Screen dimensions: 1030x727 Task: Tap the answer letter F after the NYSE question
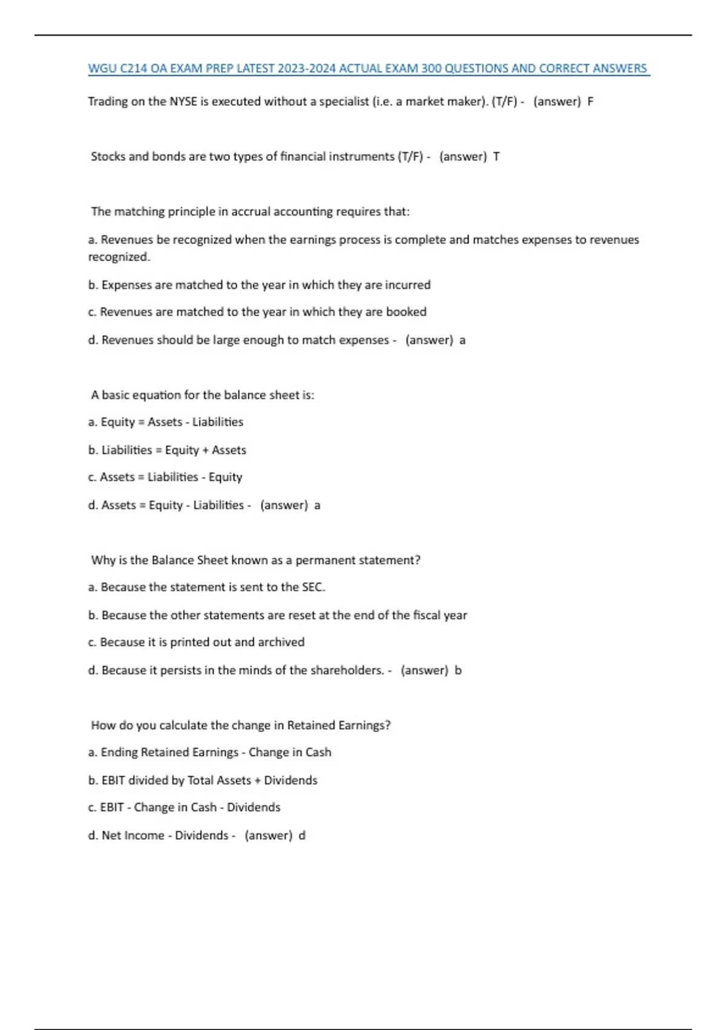tap(590, 102)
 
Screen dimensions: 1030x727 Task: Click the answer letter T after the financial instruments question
tap(496, 156)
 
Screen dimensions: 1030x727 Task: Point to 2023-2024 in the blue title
tap(307, 68)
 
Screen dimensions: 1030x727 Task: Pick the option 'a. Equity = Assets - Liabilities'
tap(165, 422)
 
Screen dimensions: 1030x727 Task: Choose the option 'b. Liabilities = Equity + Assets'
tap(167, 450)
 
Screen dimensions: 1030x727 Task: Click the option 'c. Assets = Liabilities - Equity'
tap(165, 477)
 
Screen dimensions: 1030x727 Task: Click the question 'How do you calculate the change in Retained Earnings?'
tap(241, 725)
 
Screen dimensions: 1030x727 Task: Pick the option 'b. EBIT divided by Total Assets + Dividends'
tap(202, 780)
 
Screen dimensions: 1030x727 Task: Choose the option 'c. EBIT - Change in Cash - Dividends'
tap(184, 808)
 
